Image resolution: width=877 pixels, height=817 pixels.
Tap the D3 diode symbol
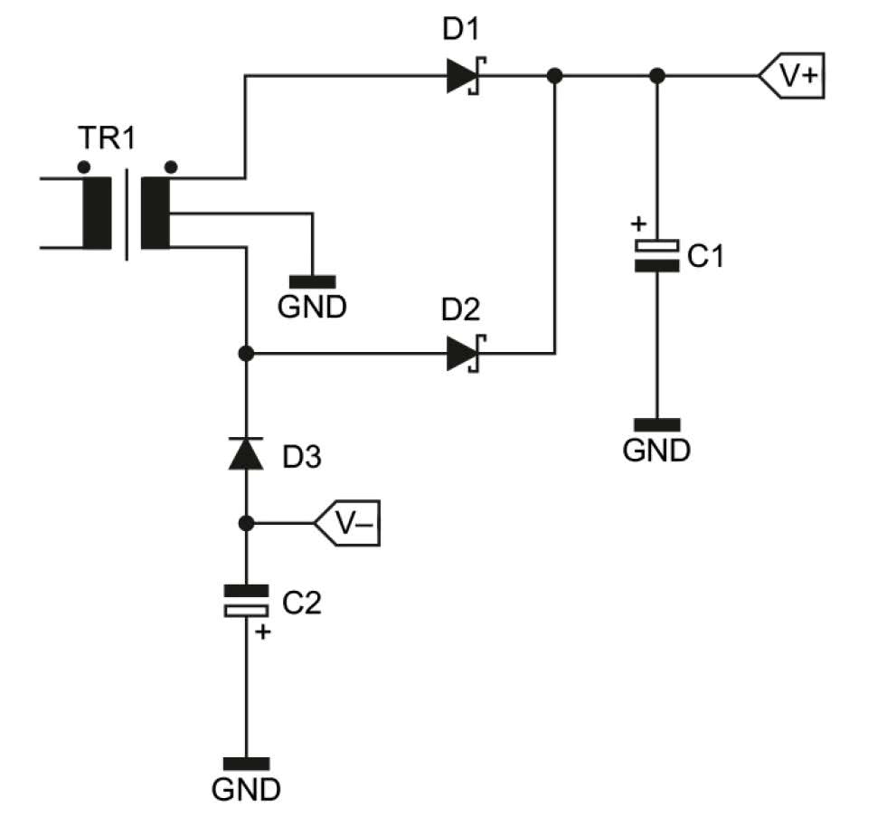point(245,453)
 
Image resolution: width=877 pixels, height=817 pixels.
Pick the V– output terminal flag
point(348,524)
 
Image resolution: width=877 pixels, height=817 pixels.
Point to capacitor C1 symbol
point(657,255)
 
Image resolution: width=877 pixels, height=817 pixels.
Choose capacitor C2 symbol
point(246,601)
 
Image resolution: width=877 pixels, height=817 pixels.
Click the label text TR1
point(107,141)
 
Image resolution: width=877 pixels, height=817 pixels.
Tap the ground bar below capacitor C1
point(657,424)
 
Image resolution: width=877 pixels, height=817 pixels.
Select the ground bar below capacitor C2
point(246,763)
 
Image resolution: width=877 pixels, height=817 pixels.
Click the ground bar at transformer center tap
point(311,281)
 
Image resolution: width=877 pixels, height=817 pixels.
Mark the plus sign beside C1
point(637,223)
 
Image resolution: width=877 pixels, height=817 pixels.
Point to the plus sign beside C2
point(263,632)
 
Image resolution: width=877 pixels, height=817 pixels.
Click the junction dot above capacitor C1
point(657,77)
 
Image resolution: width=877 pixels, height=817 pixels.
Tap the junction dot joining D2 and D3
point(246,354)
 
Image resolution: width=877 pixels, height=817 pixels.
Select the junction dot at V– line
point(246,524)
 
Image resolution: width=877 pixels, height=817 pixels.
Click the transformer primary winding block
point(97,213)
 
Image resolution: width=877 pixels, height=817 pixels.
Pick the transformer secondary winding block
point(156,213)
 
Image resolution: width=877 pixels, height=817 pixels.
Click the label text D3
point(300,459)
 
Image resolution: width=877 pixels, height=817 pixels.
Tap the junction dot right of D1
point(555,77)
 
